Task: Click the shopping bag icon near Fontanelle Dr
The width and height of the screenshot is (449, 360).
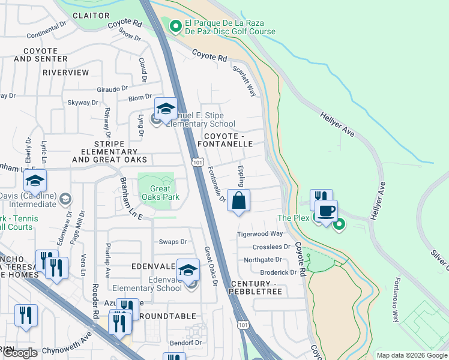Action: [239, 201]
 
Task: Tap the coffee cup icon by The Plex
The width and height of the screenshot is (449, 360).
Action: [326, 212]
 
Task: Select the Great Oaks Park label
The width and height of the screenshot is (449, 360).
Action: [156, 193]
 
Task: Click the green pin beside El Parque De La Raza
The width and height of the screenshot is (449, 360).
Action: [175, 26]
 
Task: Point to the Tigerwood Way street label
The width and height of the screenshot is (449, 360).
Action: [259, 234]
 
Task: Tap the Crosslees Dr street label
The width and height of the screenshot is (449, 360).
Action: [271, 247]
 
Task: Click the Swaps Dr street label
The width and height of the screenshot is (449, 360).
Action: [173, 242]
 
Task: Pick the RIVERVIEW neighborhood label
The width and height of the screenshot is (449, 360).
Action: [66, 73]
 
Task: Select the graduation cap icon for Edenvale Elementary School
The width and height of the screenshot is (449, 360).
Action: [188, 269]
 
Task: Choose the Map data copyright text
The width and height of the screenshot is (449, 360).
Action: [412, 355]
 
